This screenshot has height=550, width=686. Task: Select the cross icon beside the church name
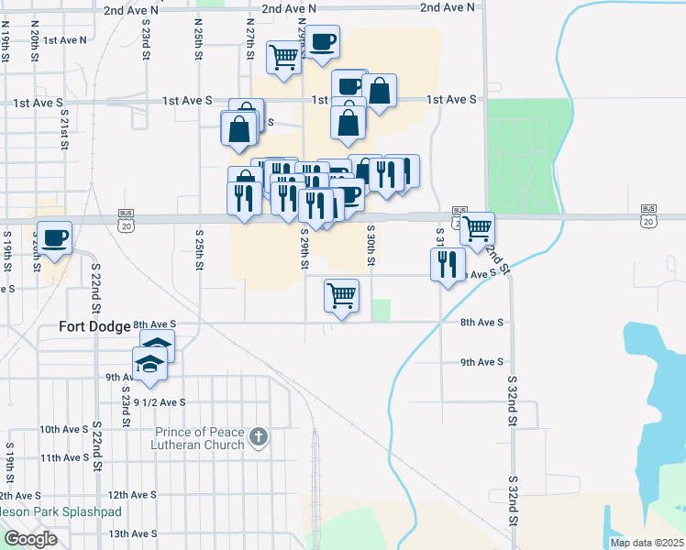pyautogui.click(x=259, y=436)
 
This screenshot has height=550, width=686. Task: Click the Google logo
pyautogui.click(x=30, y=539)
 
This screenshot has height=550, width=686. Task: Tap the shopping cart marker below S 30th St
pyautogui.click(x=341, y=295)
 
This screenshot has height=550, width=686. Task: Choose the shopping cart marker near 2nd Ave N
pyautogui.click(x=284, y=57)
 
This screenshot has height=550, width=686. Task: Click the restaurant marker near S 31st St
pyautogui.click(x=446, y=264)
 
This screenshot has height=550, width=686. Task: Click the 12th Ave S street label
pyautogui.click(x=130, y=494)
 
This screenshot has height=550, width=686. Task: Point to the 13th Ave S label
pyautogui.click(x=130, y=533)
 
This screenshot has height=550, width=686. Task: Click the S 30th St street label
pyautogui.click(x=371, y=247)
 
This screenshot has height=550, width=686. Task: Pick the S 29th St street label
pyautogui.click(x=304, y=249)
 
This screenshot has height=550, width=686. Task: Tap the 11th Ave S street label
pyautogui.click(x=64, y=457)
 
